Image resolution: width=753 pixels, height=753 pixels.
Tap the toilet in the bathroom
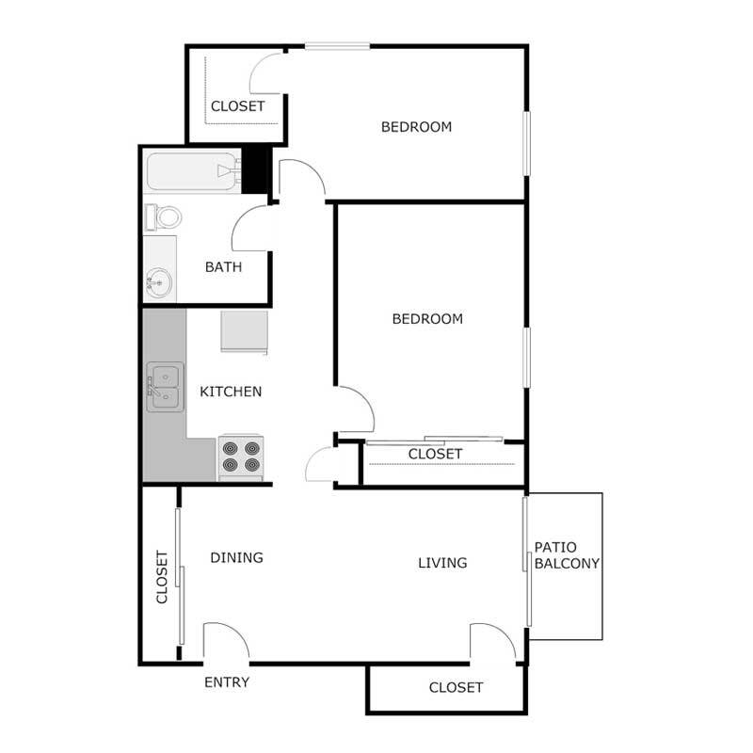pos(165,217)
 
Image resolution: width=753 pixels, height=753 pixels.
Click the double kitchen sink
pos(164,389)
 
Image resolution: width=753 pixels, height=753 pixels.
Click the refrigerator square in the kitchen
pos(245,330)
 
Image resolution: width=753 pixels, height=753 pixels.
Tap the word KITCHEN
pos(231,392)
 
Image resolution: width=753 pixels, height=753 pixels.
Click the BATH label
pos(223,266)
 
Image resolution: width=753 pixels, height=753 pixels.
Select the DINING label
pos(235,557)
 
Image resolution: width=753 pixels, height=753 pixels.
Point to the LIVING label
pos(442,563)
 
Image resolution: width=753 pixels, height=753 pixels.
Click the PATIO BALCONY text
pos(567,555)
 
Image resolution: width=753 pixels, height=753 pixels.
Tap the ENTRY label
pos(227,682)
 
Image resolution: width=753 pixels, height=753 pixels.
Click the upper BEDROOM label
pos(416,126)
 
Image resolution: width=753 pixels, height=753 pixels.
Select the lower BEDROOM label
pos(427,318)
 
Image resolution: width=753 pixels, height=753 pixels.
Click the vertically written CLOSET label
pos(161,576)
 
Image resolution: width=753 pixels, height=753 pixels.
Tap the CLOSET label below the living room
pos(456,687)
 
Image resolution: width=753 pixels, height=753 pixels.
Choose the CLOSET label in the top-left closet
pos(237,106)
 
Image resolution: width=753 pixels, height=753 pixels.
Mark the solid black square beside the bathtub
pos(255,169)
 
